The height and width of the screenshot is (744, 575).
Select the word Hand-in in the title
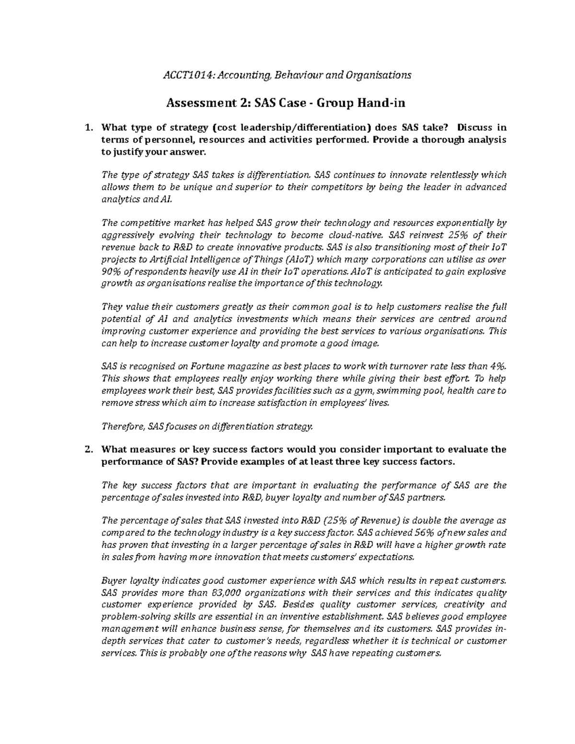point(385,103)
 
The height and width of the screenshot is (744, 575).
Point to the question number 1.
point(87,128)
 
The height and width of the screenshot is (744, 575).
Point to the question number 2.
point(87,450)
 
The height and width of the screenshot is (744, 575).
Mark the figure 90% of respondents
point(111,272)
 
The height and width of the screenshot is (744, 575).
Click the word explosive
point(484,272)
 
